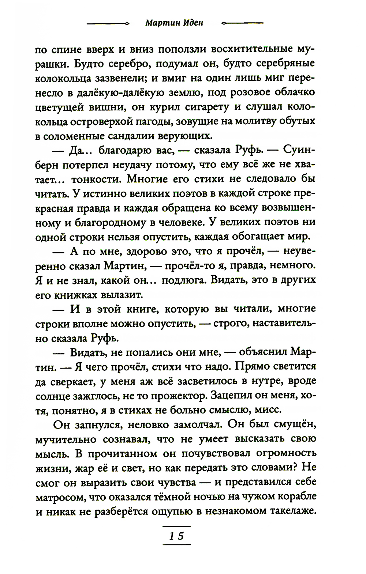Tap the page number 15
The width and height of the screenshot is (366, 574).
coord(176,536)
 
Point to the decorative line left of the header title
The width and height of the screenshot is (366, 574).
coord(108,23)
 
